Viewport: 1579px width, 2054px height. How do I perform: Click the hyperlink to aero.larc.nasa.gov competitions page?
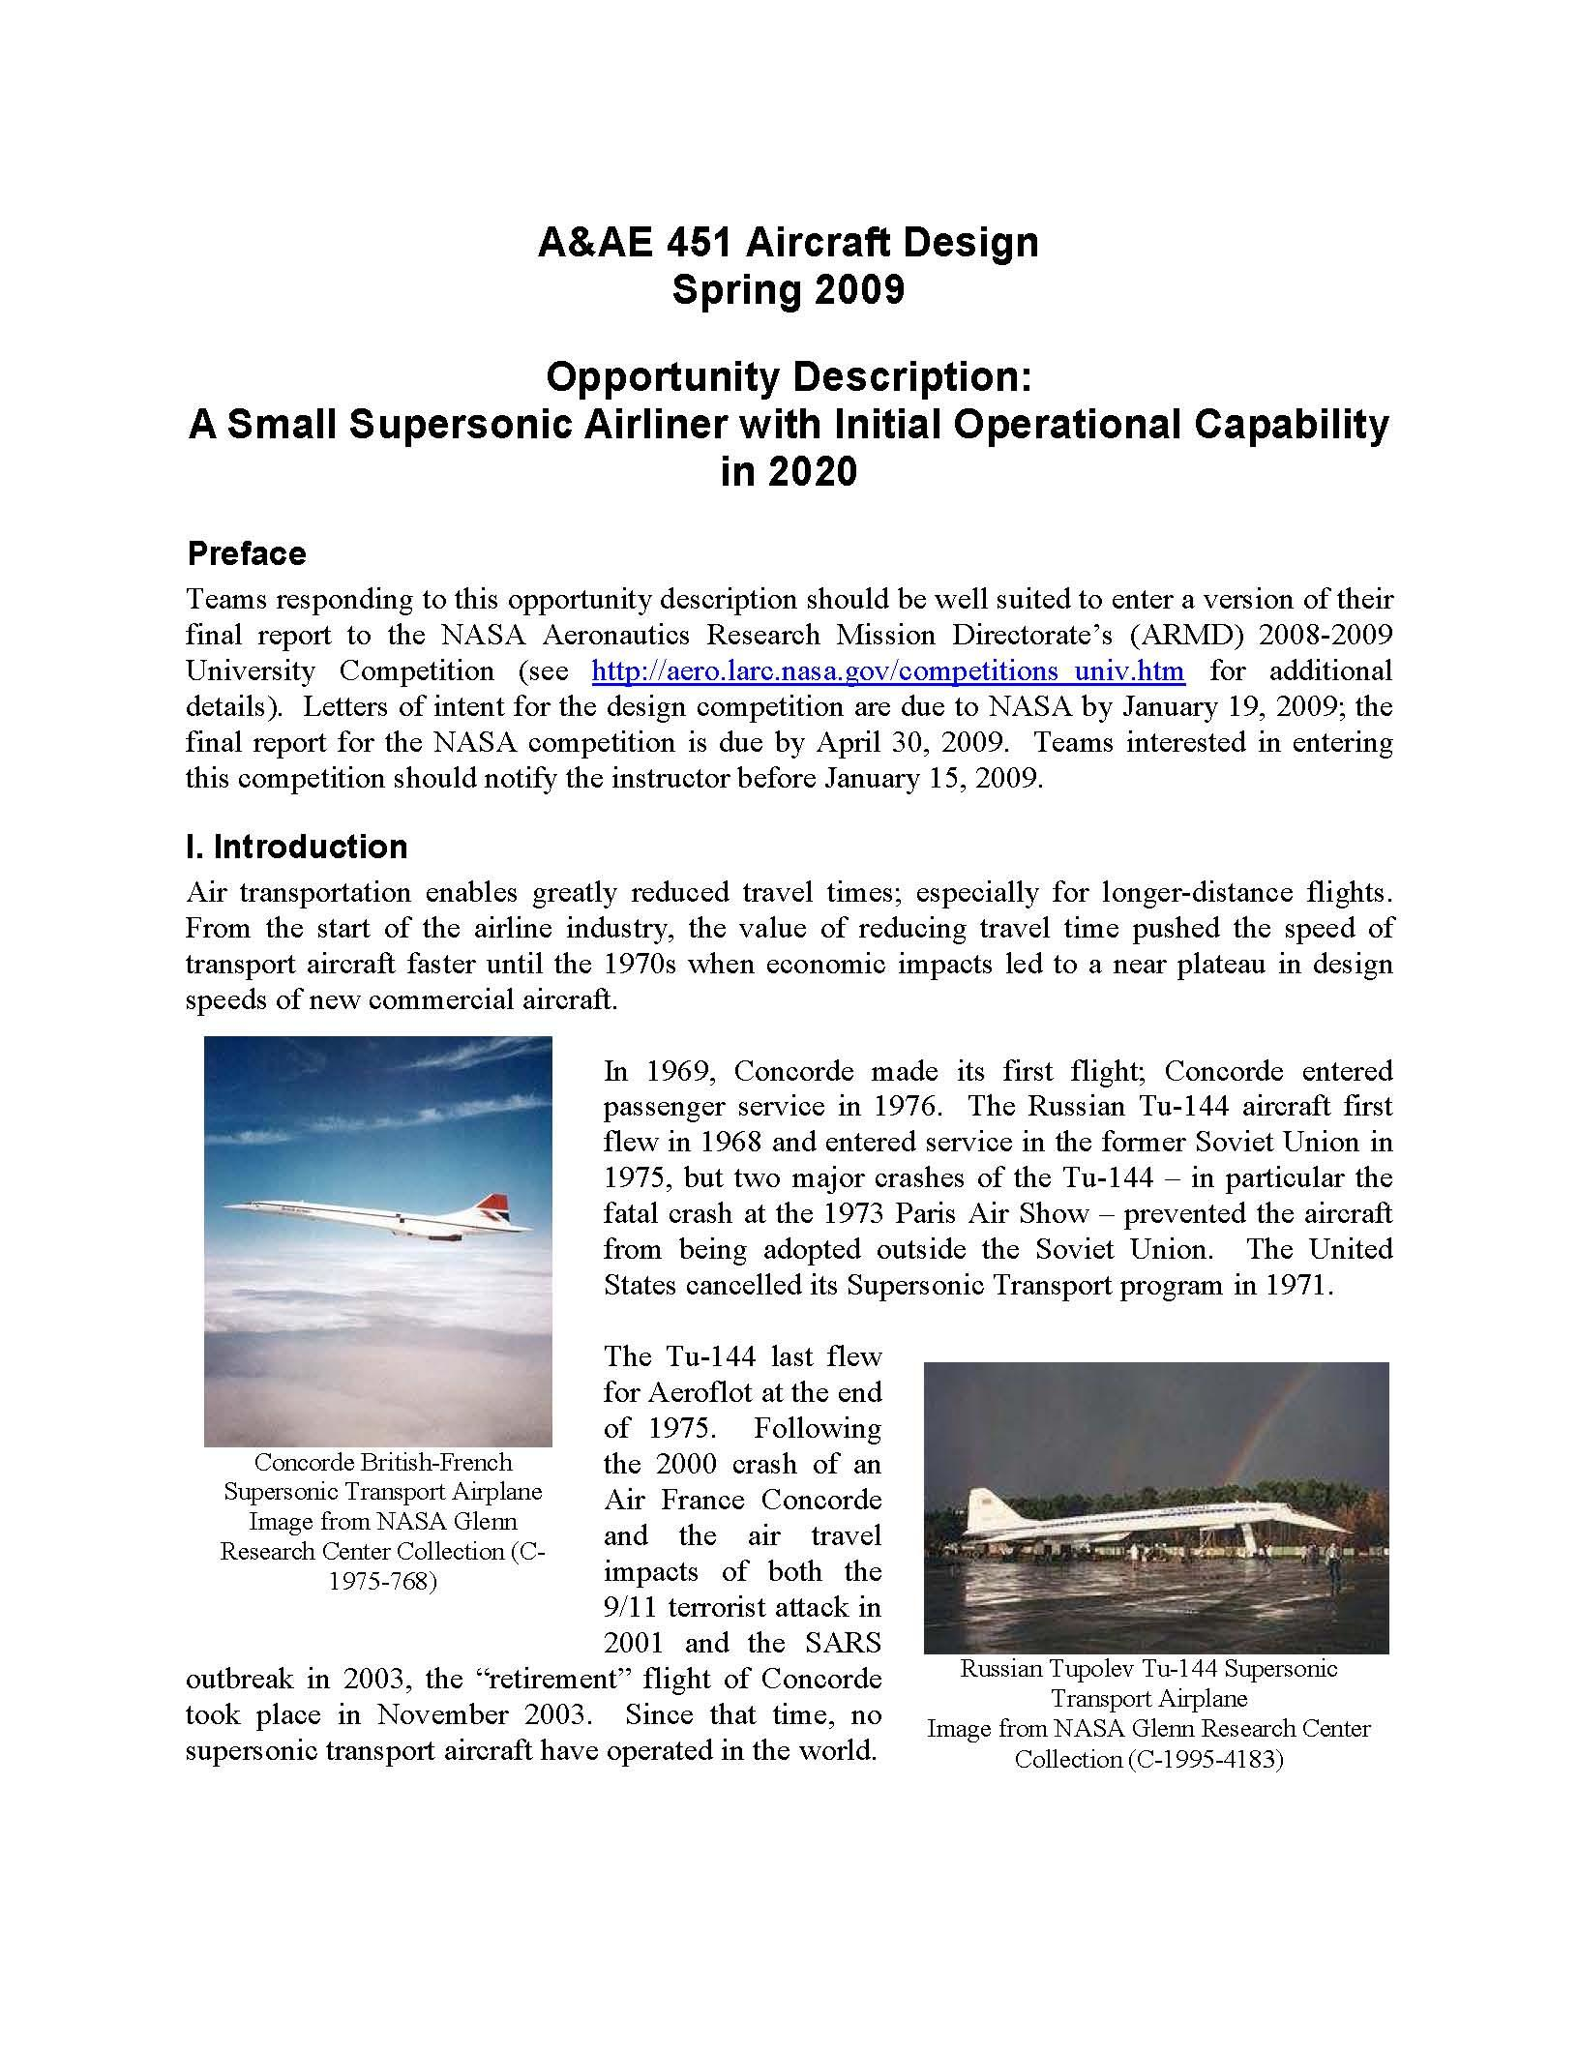[x=887, y=670]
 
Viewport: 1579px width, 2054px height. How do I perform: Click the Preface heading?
[x=246, y=553]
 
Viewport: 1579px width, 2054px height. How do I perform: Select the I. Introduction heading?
[x=296, y=847]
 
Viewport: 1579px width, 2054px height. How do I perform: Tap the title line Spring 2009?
[x=788, y=289]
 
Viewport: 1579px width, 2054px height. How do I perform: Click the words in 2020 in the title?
[x=789, y=472]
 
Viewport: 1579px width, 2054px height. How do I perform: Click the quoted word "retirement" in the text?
[x=549, y=1678]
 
